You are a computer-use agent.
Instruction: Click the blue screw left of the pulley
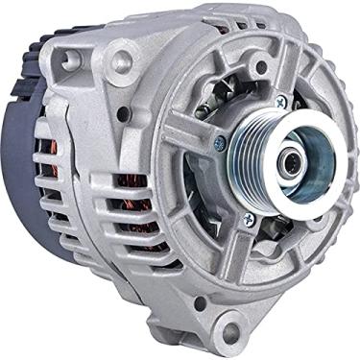(x=220, y=143)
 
